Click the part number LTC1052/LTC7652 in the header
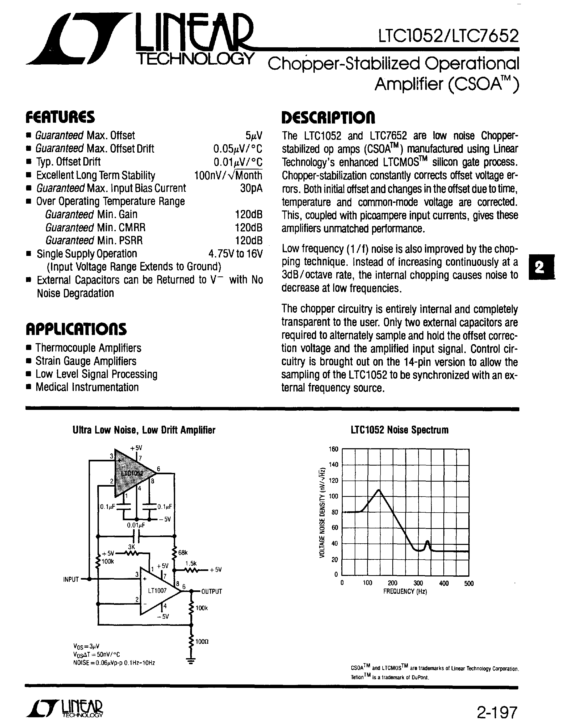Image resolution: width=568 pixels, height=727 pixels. click(448, 36)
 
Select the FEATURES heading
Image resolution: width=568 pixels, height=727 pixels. click(60, 117)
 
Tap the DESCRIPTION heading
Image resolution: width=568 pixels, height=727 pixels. click(328, 117)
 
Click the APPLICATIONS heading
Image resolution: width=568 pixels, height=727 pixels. click(76, 329)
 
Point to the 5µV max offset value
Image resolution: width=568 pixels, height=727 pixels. click(254, 136)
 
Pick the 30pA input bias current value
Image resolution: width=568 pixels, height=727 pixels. click(251, 188)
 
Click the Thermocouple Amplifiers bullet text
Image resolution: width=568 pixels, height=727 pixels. click(88, 348)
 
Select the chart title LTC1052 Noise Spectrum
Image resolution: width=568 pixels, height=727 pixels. click(399, 430)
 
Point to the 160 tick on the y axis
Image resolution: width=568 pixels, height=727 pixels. click(333, 449)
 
